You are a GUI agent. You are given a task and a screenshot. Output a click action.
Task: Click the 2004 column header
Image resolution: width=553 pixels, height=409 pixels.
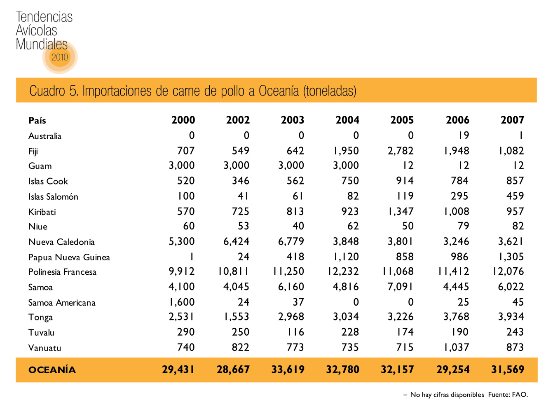pos(347,120)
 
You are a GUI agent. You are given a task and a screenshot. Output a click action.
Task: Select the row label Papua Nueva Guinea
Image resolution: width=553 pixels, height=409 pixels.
pos(69,257)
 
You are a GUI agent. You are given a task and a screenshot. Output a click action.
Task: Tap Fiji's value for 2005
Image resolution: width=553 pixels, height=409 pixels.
pos(400,151)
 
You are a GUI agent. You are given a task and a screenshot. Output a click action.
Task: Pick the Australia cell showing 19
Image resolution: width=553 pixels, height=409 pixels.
pos(464,136)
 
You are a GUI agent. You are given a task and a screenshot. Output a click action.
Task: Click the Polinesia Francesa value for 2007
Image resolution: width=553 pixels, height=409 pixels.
pos(508,272)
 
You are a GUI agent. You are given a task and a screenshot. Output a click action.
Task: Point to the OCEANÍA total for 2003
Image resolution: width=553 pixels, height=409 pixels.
pos(288,369)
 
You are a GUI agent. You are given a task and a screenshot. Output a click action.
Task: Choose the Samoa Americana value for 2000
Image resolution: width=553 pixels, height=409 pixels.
pos(182,302)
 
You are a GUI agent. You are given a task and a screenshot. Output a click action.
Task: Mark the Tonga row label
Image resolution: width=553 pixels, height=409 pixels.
pos(40,318)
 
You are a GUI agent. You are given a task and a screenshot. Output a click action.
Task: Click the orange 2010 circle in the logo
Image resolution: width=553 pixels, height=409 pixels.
pos(60,57)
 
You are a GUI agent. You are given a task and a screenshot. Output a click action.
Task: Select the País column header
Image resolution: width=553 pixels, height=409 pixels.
pos(37,120)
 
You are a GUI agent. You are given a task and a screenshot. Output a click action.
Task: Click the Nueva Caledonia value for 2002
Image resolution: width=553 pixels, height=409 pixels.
pos(236,242)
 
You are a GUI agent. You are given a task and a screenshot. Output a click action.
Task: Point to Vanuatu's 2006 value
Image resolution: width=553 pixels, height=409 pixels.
pos(456,348)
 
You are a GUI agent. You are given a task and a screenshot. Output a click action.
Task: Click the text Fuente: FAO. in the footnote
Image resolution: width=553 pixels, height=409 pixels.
pos(508,395)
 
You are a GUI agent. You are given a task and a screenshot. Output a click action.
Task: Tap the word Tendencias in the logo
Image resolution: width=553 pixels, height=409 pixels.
pos(44,17)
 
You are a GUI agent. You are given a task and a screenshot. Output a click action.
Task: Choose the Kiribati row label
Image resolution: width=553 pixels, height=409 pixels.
pos(42,212)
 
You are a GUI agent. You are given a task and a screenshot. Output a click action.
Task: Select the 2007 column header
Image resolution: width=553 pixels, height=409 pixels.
pos(512,120)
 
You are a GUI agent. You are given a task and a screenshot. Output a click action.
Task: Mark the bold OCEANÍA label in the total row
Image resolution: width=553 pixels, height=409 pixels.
pos(52,370)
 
